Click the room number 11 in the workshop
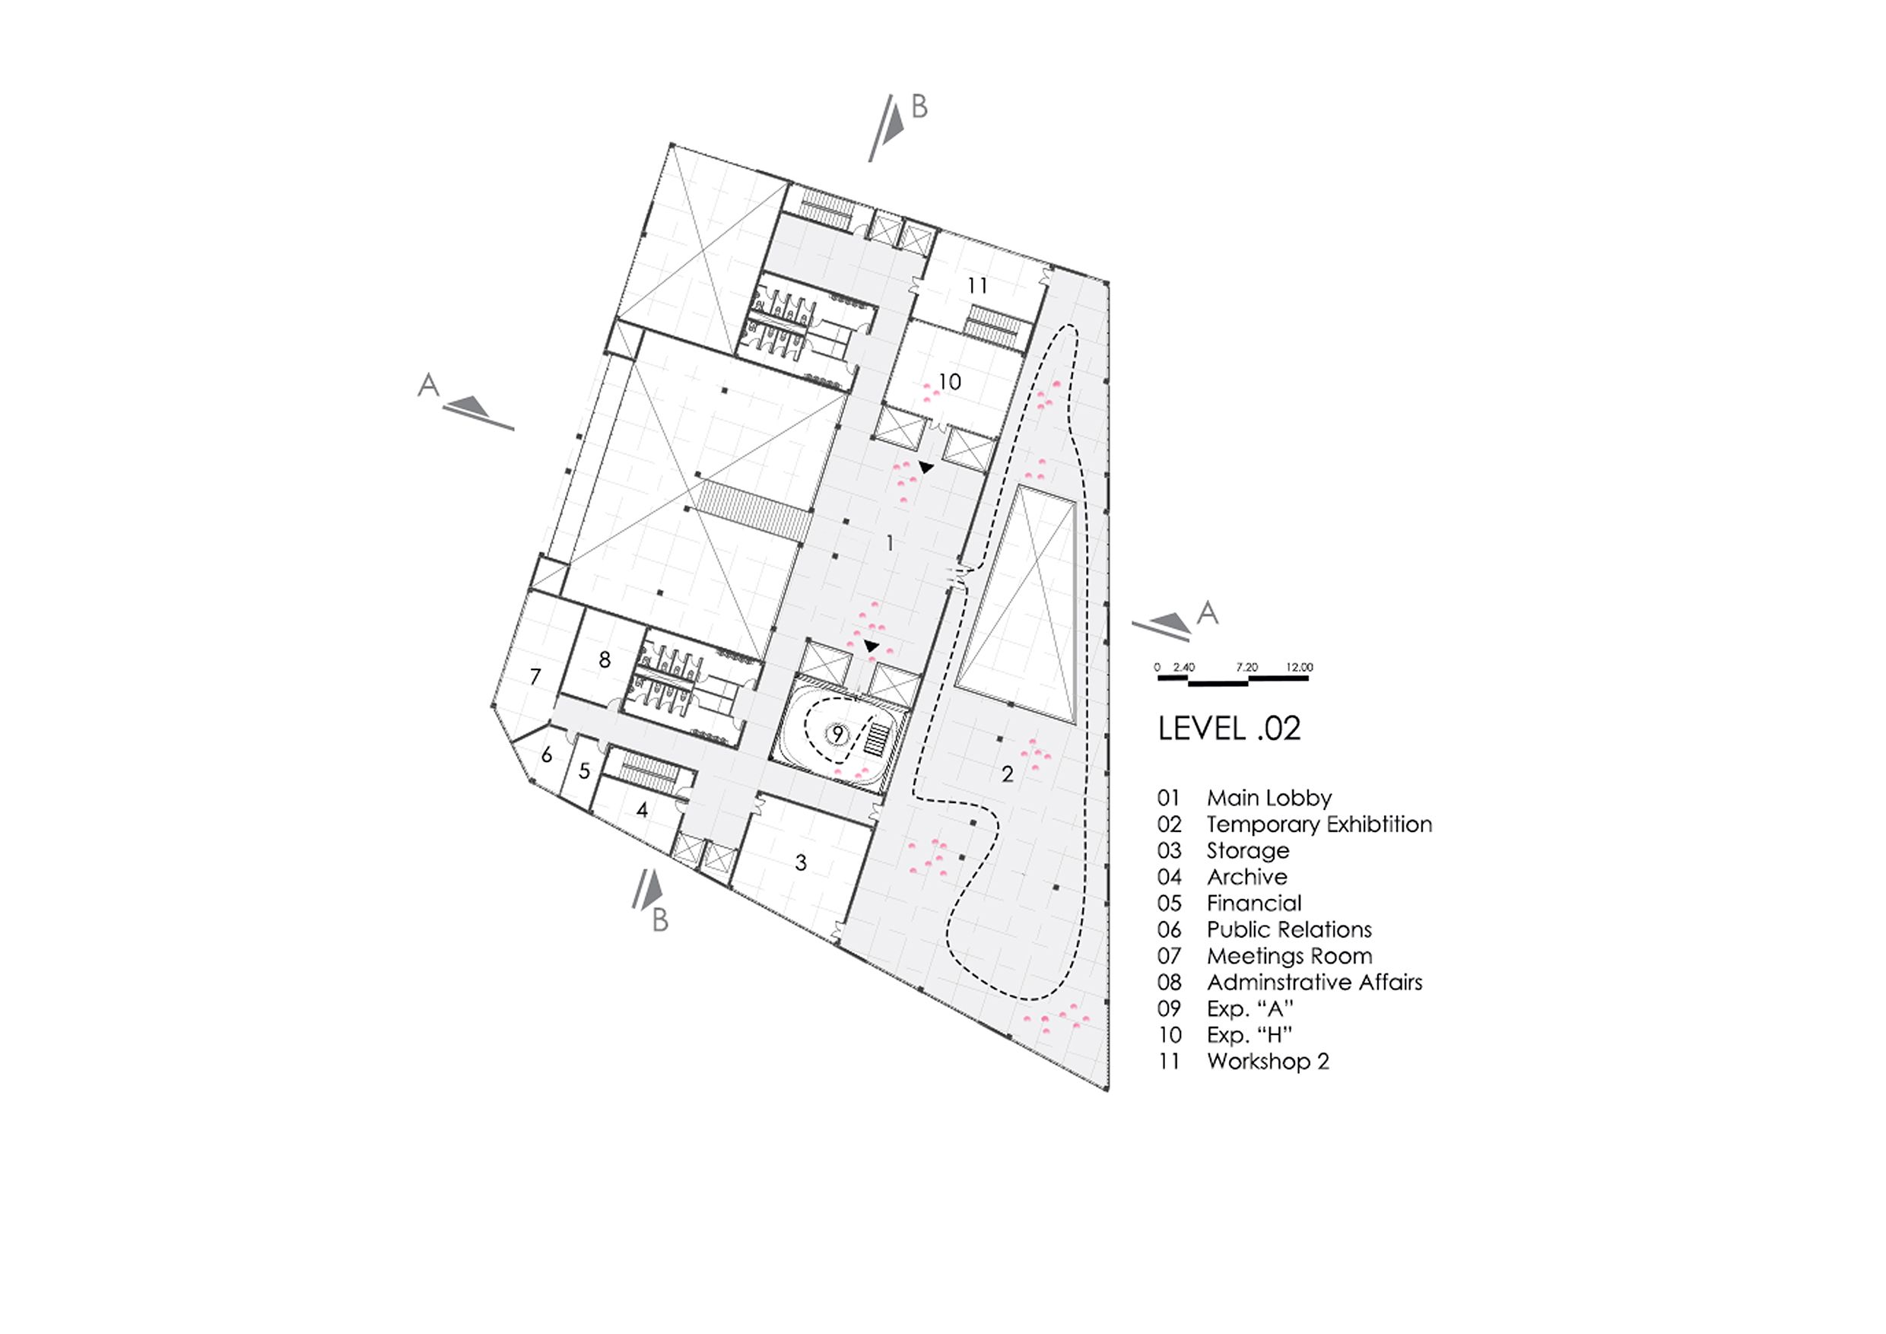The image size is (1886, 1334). [x=976, y=286]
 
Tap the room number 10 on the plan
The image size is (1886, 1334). [x=950, y=382]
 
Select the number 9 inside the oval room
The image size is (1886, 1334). [x=838, y=732]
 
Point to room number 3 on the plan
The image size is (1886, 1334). [x=801, y=862]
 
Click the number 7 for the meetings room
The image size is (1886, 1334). [x=535, y=676]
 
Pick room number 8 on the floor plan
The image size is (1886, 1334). [x=605, y=659]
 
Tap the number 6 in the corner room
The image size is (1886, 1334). [x=546, y=755]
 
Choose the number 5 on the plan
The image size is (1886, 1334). [x=585, y=771]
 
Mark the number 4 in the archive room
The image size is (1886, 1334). [x=643, y=810]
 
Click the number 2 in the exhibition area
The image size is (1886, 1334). [x=1007, y=773]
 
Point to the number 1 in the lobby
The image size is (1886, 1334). [x=890, y=543]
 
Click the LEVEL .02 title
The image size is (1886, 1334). [x=1229, y=729]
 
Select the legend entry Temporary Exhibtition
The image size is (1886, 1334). [x=1319, y=824]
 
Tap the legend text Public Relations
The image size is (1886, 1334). [x=1289, y=929]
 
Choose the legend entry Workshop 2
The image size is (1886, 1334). [x=1268, y=1060]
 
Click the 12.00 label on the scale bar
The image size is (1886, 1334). [x=1300, y=667]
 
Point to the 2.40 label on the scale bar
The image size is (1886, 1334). [x=1183, y=667]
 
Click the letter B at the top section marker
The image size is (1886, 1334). [x=919, y=106]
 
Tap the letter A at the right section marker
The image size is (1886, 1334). [x=1207, y=612]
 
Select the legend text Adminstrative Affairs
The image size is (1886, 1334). [x=1314, y=982]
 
